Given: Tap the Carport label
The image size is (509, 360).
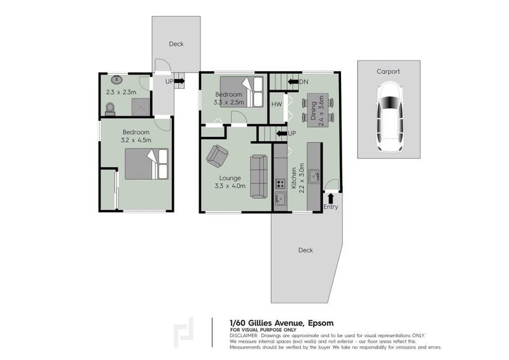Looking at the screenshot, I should [388, 72].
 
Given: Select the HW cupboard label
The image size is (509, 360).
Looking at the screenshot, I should [276, 104].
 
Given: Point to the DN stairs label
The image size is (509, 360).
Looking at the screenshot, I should [303, 82].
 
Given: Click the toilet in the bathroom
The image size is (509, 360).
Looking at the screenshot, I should [109, 107].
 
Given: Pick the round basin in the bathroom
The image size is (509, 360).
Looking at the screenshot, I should [116, 80].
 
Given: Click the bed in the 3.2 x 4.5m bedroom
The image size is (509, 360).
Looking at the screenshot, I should [146, 163].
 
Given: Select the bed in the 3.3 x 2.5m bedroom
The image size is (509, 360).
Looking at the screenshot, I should [242, 91].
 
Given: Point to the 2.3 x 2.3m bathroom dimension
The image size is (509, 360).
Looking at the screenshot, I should [120, 92].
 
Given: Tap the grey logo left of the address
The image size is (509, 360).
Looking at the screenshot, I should [185, 333].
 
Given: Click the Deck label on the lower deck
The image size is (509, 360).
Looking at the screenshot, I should [305, 250].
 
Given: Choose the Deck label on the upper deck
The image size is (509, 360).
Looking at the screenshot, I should [176, 44].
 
